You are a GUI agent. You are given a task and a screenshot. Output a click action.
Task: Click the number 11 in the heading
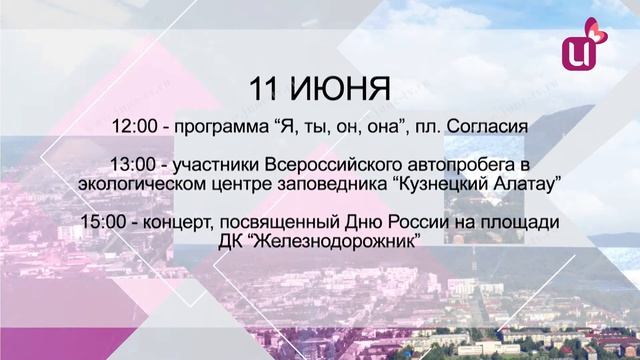(266, 87)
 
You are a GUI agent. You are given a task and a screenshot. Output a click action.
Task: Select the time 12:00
(137, 127)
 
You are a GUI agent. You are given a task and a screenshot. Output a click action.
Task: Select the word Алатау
(523, 184)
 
